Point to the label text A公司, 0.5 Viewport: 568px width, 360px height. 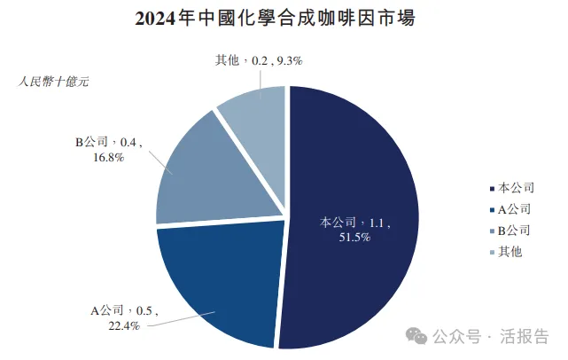[x=122, y=310]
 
